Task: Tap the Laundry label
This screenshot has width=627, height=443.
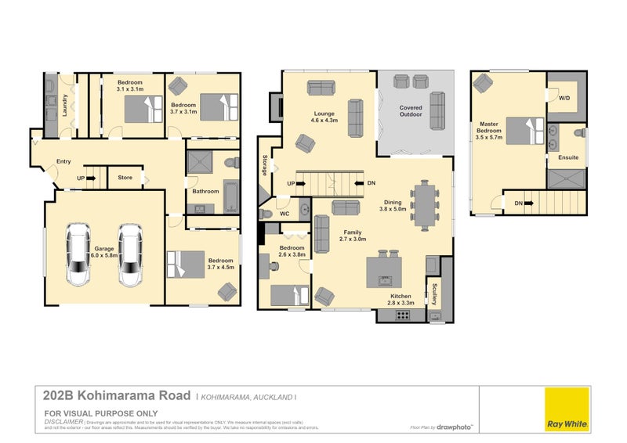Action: coord(66,106)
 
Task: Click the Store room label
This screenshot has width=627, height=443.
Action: coord(125,178)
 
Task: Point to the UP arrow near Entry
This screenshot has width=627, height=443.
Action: coord(87,178)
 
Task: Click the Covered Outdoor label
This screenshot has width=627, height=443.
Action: coord(411,110)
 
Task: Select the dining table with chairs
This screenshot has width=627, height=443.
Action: coord(424,205)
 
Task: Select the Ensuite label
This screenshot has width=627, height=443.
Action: coord(568,157)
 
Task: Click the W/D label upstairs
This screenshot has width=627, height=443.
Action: coord(564,98)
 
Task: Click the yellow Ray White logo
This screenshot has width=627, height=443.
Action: coord(567,409)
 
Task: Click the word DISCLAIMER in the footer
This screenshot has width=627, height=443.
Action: coord(63,421)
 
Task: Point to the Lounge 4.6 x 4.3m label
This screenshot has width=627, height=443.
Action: coord(324,117)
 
